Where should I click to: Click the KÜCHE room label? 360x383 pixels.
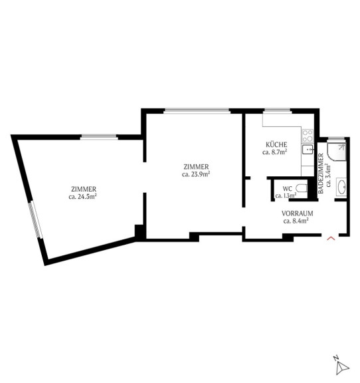[276, 144]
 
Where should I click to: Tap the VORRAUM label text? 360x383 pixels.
[298, 213]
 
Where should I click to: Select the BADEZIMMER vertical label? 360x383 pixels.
[321, 174]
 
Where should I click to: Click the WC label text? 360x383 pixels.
[287, 189]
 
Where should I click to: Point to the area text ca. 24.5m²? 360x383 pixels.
[83, 197]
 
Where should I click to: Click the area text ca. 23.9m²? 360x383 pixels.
[196, 174]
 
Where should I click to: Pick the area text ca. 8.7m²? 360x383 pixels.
[274, 152]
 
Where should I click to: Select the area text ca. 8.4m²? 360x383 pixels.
[296, 221]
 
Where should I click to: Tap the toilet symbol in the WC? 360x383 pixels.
[302, 188]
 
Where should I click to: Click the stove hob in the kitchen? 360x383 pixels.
[308, 136]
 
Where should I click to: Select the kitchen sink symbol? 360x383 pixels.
[308, 149]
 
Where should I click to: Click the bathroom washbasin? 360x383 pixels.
[341, 187]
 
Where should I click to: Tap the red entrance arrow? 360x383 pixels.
[331, 238]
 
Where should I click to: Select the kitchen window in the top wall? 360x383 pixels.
[278, 111]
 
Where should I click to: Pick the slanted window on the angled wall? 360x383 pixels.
[36, 220]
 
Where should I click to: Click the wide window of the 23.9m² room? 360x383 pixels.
[197, 111]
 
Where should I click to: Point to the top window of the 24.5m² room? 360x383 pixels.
[99, 137]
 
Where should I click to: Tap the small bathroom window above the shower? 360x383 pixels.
[336, 139]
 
